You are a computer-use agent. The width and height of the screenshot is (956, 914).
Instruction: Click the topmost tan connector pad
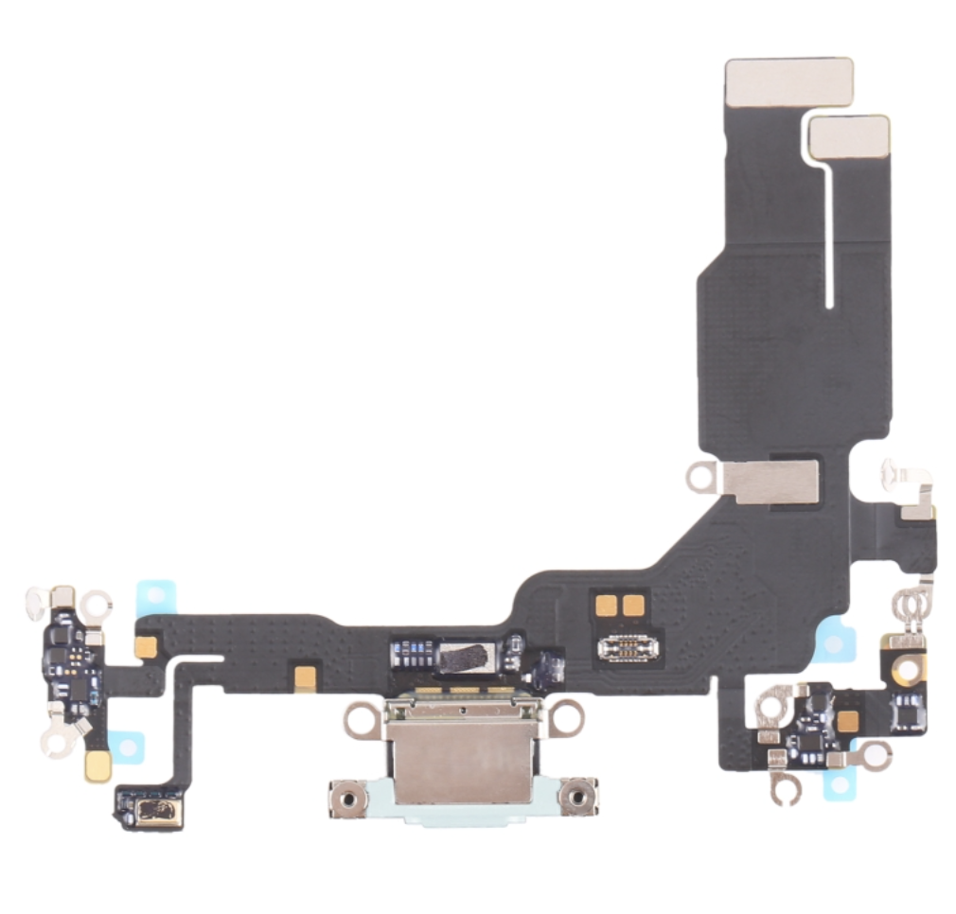[x=788, y=81]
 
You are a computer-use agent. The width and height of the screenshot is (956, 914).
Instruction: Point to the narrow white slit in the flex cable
[x=828, y=237]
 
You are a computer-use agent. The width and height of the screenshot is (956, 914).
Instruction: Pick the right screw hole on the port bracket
[x=577, y=799]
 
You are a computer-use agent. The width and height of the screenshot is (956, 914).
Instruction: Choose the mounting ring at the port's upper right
[x=566, y=717]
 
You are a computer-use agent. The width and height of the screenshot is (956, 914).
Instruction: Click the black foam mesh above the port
[x=464, y=654]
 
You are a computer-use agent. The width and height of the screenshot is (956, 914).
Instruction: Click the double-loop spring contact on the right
[x=912, y=601]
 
